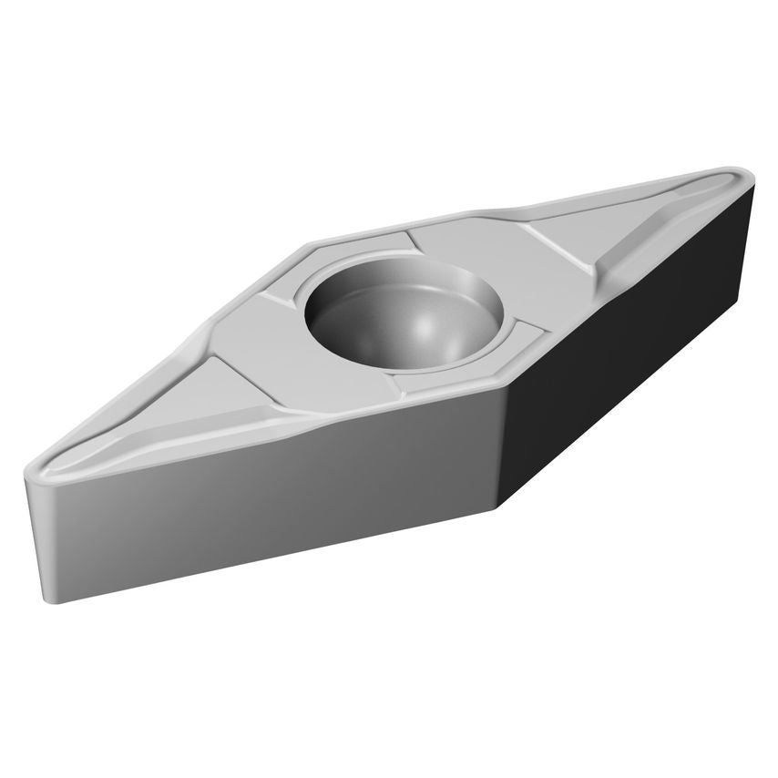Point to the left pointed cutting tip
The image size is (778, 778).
[x=29, y=470]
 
